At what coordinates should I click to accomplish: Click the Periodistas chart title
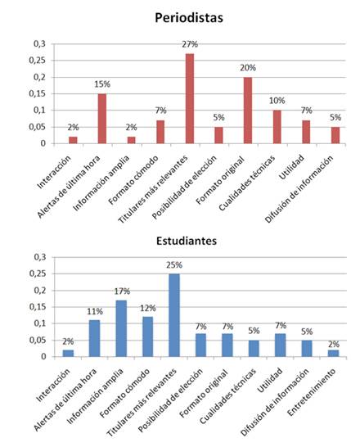[x=189, y=18]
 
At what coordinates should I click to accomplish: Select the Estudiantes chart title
[x=187, y=241]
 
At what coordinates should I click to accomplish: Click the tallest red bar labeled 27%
[x=190, y=98]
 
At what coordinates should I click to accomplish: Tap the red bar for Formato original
[x=248, y=111]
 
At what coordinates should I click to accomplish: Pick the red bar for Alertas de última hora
[x=102, y=119]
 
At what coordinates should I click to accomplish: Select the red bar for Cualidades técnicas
[x=277, y=127]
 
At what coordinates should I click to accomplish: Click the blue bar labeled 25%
[x=174, y=315]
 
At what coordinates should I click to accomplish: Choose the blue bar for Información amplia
[x=121, y=328]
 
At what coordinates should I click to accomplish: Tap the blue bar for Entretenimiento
[x=333, y=353]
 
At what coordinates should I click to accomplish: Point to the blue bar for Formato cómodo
[x=147, y=336]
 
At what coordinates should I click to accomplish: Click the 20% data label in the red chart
[x=248, y=68]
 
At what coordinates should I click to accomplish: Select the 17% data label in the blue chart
[x=122, y=291]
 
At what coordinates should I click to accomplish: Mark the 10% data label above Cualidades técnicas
[x=277, y=101]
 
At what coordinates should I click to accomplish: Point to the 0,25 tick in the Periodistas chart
[x=38, y=61]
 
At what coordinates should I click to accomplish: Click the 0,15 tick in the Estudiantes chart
[x=38, y=307]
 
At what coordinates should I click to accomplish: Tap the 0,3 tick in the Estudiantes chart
[x=40, y=257]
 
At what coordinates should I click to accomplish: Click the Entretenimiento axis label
[x=312, y=392]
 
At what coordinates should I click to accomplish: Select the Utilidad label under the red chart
[x=291, y=167]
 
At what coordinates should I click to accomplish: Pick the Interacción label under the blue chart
[x=53, y=385]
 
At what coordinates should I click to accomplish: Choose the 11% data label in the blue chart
[x=95, y=312]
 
